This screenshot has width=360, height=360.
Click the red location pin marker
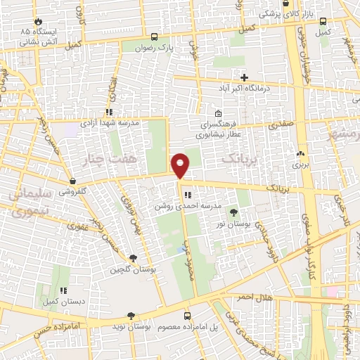[x=181, y=166]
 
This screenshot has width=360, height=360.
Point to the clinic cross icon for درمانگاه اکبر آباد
[x=244, y=77]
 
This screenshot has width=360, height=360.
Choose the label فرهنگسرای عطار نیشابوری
[x=219, y=127]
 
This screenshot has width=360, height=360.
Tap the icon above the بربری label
[x=301, y=154]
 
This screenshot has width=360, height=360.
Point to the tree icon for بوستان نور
[x=233, y=212]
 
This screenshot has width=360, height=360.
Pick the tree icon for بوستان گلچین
[x=133, y=258]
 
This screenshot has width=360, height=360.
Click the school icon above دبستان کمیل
[x=63, y=290]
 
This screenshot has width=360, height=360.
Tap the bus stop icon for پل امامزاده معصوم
[x=187, y=316]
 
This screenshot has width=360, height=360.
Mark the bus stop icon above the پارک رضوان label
[x=154, y=35]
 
